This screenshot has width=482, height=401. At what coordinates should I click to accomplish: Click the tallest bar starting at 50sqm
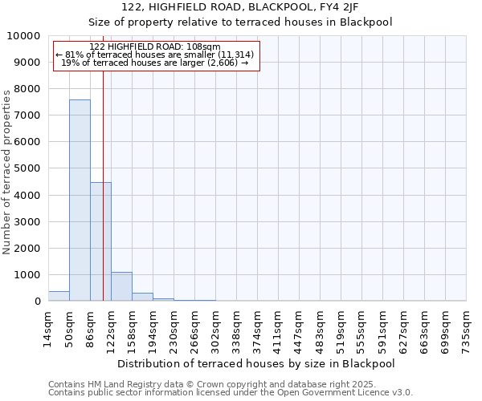pyautogui.click(x=80, y=200)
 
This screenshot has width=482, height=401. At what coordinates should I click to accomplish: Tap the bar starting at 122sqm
pyautogui.click(x=121, y=286)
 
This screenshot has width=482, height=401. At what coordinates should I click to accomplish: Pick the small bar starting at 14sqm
pyautogui.click(x=59, y=296)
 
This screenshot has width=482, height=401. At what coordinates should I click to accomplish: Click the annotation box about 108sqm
pyautogui.click(x=157, y=55)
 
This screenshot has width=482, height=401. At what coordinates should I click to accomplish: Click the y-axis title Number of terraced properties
pyautogui.click(x=7, y=172)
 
